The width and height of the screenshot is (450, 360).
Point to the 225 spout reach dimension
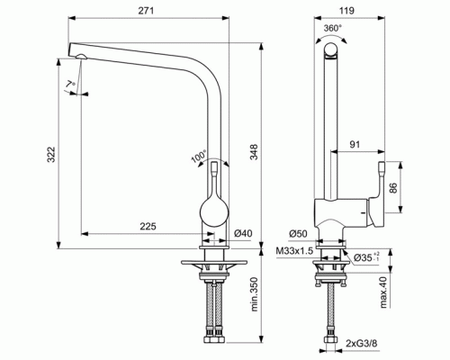(x=148, y=227)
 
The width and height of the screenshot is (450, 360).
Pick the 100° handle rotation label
(x=196, y=155)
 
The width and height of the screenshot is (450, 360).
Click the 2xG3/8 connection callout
(x=368, y=343)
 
